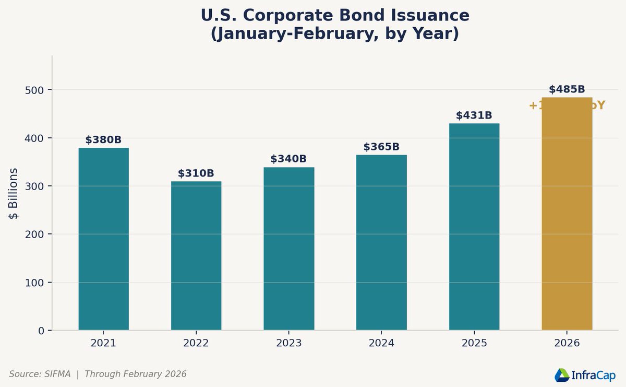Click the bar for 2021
pos(103,239)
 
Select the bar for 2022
pos(196,255)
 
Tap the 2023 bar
pos(288,249)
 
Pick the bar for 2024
pos(381,242)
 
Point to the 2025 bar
pos(474,227)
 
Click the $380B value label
pos(103,140)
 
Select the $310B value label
pos(196,173)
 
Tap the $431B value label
pos(474,115)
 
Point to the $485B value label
pos(567,89)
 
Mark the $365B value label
pos(381,147)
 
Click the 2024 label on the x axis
pos(381,344)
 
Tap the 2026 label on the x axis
pos(567,344)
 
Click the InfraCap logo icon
pos(561,374)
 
